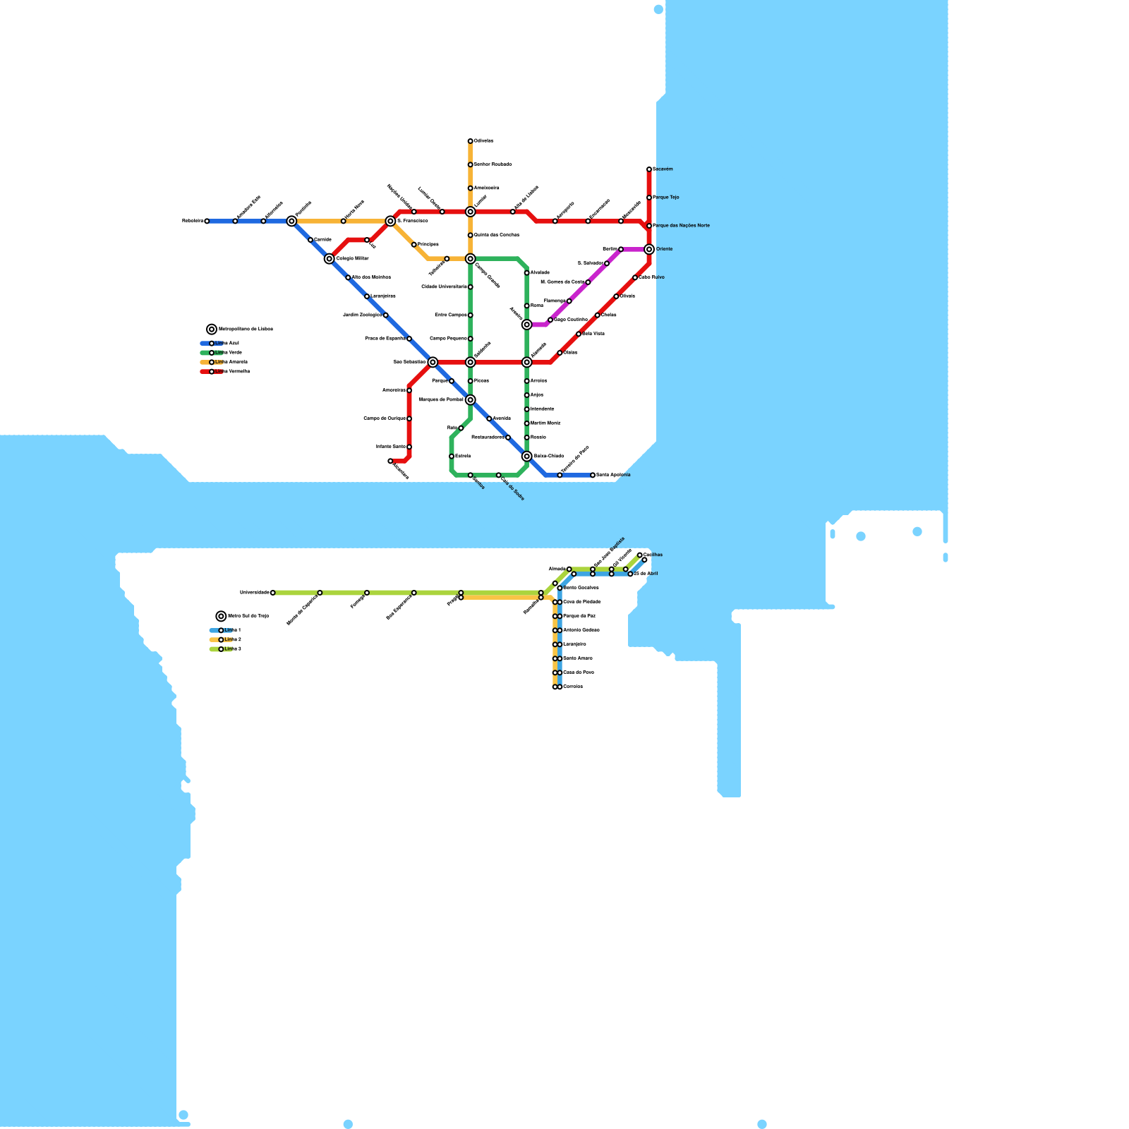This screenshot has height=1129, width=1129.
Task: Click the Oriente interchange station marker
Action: click(649, 249)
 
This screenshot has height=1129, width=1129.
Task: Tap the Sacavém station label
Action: click(663, 169)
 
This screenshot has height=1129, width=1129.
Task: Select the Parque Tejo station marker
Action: click(649, 198)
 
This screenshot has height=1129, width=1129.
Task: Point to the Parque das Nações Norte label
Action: click(682, 226)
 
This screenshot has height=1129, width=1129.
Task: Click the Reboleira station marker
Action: click(207, 221)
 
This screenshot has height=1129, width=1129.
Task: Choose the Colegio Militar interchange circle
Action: click(330, 259)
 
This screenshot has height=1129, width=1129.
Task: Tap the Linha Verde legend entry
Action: click(226, 353)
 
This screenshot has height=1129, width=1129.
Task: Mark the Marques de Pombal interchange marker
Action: click(471, 400)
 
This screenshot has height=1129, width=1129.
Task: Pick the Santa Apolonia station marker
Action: click(593, 475)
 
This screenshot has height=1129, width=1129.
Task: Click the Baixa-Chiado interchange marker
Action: click(527, 457)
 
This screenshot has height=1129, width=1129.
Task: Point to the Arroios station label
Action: click(539, 381)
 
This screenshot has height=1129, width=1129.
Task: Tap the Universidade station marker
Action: click(273, 593)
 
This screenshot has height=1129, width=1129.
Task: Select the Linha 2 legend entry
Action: click(227, 639)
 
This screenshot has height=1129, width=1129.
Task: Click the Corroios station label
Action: click(573, 687)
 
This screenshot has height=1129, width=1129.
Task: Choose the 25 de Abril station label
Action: click(646, 574)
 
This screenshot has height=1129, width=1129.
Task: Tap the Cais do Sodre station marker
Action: click(499, 475)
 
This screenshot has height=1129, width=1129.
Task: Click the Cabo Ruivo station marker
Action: click(635, 277)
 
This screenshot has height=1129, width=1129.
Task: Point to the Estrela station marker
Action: click(452, 457)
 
